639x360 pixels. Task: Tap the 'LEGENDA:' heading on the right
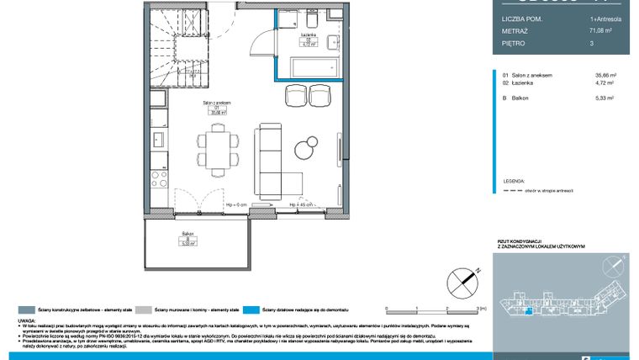pyautogui.click(x=514, y=180)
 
